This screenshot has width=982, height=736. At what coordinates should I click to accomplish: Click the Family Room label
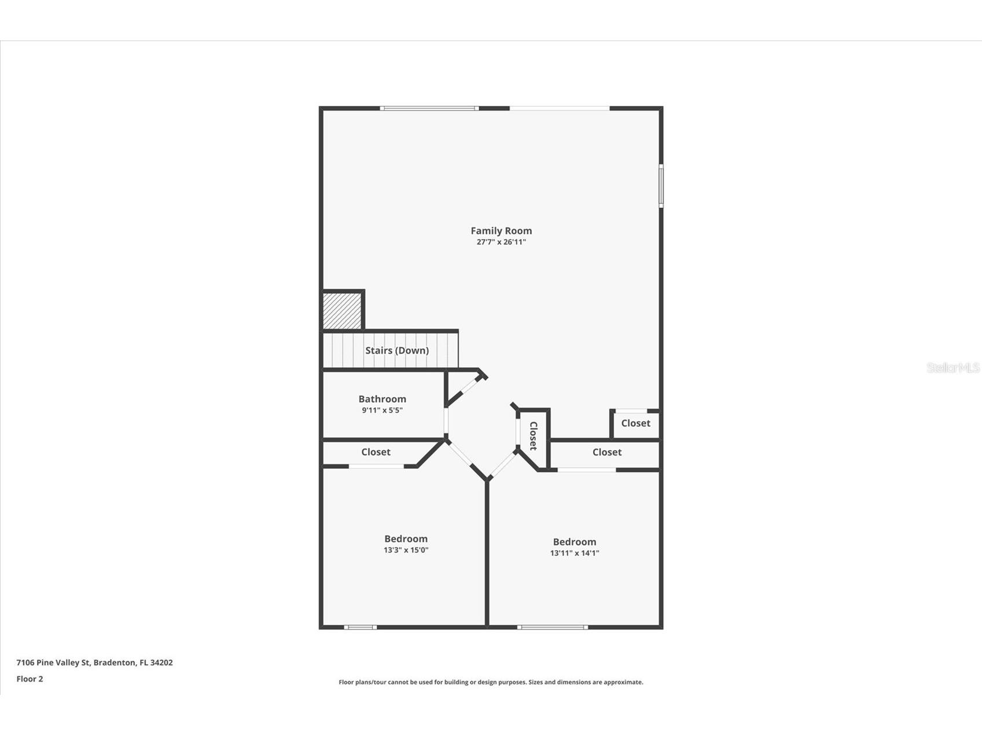tap(501, 231)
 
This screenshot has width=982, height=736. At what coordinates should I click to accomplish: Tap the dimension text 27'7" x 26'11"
tap(501, 242)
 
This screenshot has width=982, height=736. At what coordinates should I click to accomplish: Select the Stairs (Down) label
tap(396, 351)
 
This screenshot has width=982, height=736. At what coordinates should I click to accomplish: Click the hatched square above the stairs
tap(341, 311)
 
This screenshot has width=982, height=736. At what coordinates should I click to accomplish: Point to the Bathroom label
tap(382, 399)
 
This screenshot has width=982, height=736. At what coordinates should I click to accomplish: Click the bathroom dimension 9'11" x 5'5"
tap(382, 411)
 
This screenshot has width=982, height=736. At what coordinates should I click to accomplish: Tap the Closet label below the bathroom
tap(376, 452)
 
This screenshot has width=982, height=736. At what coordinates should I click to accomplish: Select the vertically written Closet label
tap(533, 436)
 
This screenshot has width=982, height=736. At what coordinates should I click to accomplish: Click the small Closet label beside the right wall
tap(635, 424)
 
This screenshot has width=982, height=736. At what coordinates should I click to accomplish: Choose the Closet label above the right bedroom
tap(606, 452)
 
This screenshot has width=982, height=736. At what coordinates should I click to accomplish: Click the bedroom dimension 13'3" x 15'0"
tap(406, 550)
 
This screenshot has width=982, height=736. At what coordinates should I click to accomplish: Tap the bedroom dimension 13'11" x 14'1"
tap(574, 553)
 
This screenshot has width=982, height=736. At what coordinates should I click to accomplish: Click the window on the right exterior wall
tap(661, 186)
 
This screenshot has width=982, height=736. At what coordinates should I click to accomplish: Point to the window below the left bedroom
tap(360, 627)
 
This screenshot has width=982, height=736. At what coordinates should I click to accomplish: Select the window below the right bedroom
tap(552, 627)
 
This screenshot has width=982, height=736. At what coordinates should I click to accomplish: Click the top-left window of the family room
tap(429, 108)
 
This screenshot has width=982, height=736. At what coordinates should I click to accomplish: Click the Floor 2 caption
tap(30, 679)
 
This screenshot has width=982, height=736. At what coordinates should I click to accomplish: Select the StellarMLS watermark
tap(952, 368)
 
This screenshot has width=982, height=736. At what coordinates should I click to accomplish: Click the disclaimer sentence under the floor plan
tap(491, 683)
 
